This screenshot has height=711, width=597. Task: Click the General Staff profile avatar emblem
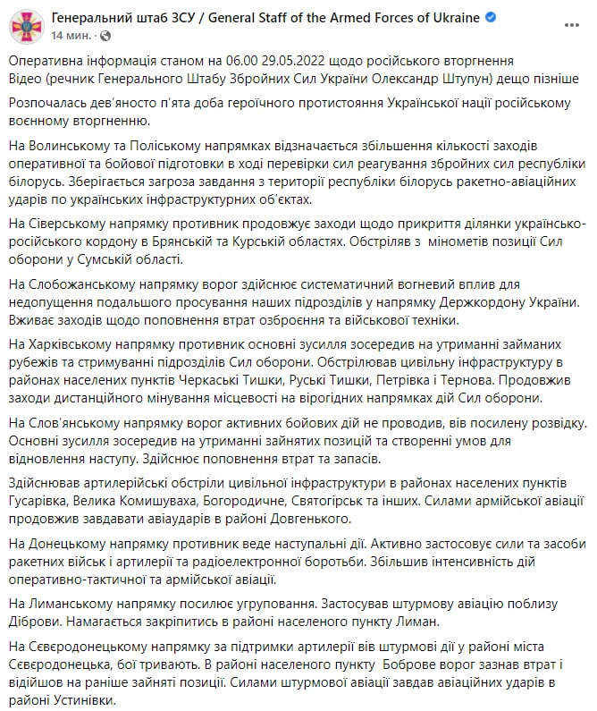(25, 26)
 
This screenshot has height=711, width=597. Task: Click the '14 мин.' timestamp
(70, 36)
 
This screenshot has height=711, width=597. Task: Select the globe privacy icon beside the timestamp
(106, 36)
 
